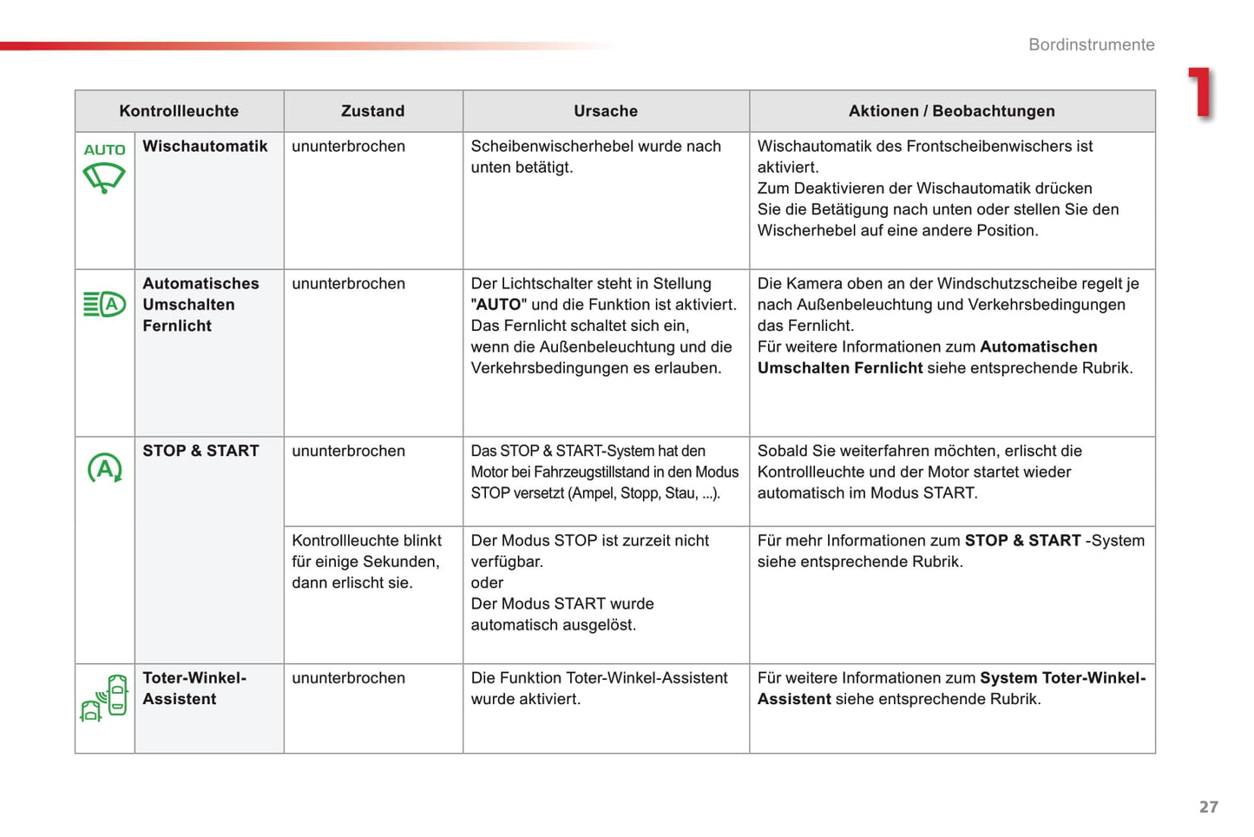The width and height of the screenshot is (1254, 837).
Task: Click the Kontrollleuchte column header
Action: (179, 111)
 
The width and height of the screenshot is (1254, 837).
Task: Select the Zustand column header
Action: (372, 111)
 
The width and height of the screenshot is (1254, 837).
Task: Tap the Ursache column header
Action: (606, 111)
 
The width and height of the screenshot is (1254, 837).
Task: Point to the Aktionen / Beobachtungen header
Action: (951, 111)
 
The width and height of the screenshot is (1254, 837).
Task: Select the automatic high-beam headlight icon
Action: (104, 305)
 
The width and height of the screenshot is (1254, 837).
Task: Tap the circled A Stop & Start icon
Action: (105, 468)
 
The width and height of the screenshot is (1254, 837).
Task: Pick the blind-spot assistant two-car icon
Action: (105, 698)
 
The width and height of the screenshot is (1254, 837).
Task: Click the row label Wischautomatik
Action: (205, 147)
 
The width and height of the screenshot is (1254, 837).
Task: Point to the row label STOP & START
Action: (200, 451)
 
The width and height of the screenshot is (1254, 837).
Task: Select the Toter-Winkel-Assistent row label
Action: (194, 689)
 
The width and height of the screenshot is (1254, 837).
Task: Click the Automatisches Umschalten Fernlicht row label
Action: (200, 305)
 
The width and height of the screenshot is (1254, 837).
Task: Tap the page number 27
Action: (1208, 807)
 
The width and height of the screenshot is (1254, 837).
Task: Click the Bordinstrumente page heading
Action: (1091, 45)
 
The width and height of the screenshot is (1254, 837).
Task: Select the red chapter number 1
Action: (1201, 93)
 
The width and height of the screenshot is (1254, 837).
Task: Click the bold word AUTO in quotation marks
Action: (499, 305)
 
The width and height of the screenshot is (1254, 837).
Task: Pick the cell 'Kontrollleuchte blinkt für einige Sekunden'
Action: (366, 562)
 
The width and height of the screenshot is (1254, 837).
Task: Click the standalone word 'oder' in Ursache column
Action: (487, 583)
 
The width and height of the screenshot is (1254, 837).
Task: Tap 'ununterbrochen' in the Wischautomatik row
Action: (348, 147)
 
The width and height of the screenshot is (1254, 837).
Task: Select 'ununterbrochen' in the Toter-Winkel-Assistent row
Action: (348, 678)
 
